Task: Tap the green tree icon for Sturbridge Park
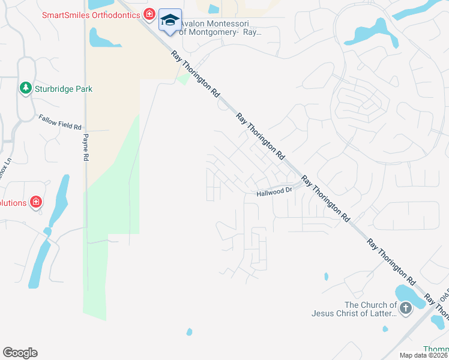25,89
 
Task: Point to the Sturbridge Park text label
63,89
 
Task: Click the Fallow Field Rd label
60,122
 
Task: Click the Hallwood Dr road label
274,191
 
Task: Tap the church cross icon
406,309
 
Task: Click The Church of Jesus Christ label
354,309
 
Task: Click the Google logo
20,353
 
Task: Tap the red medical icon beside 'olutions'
36,202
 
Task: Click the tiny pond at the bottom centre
190,332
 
